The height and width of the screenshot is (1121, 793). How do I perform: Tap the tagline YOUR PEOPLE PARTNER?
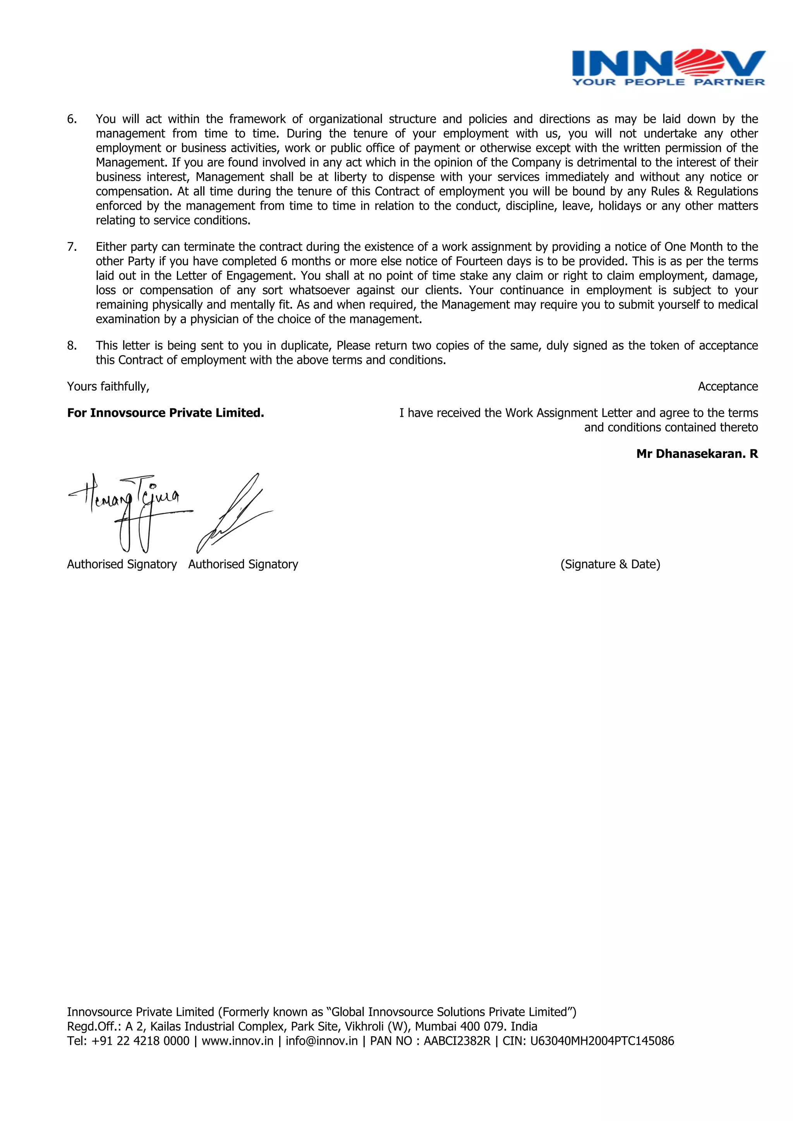[668, 82]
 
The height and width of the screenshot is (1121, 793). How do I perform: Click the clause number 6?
[72, 119]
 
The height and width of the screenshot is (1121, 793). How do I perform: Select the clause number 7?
[72, 247]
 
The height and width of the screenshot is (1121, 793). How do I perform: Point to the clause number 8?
[72, 346]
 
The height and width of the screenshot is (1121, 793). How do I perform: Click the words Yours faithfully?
[108, 387]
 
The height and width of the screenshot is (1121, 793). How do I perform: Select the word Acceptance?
[728, 387]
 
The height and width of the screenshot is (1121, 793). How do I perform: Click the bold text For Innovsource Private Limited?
[166, 413]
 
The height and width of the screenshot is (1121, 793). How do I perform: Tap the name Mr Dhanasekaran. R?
[697, 454]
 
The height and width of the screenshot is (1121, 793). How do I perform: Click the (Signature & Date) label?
[610, 564]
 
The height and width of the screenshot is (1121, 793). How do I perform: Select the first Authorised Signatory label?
[122, 564]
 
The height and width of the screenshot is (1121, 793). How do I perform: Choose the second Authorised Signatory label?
[243, 564]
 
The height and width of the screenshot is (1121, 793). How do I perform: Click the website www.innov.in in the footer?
[237, 1041]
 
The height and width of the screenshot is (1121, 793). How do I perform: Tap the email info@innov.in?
[321, 1041]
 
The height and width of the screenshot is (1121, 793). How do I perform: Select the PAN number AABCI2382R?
[457, 1041]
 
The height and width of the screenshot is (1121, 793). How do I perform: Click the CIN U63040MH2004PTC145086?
[602, 1041]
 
